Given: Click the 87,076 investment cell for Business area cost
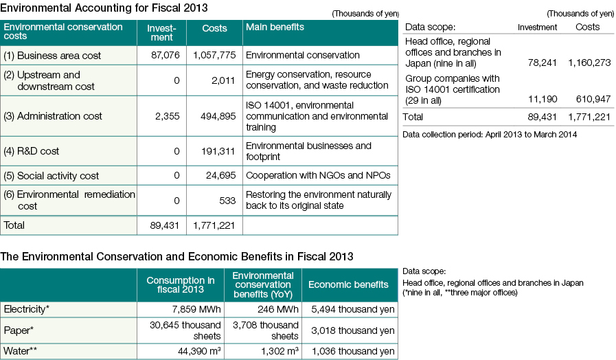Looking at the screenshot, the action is click(165, 55).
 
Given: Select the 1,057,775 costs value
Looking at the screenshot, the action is click(214, 55).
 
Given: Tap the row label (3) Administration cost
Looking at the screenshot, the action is click(53, 116).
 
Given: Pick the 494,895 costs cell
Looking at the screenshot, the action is click(218, 116).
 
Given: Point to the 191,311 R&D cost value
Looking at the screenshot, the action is click(218, 151).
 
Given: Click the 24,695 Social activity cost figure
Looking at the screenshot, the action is click(221, 175).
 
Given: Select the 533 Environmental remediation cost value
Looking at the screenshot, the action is click(227, 201).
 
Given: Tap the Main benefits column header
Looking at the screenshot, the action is click(275, 27).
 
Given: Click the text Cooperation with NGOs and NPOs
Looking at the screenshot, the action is click(318, 175).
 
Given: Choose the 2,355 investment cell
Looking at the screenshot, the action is click(168, 116).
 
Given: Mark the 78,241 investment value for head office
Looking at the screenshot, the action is click(542, 63).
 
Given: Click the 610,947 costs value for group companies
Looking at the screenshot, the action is click(593, 99).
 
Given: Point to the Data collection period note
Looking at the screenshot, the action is click(490, 135).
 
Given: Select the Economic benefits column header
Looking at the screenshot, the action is click(348, 284).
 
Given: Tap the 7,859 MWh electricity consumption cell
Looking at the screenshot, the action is click(196, 309).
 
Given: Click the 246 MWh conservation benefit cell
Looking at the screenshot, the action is click(278, 309).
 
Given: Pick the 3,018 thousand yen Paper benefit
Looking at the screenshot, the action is click(353, 330).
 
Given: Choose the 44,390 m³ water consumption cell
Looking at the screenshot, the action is click(199, 351).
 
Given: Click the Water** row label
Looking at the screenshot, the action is click(21, 350).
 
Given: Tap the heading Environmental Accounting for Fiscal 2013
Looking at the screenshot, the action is click(104, 8).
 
